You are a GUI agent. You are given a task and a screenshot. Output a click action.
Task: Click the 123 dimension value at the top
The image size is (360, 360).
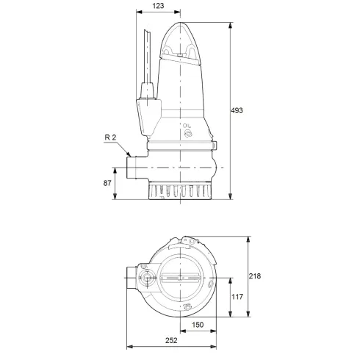[x=159, y=7]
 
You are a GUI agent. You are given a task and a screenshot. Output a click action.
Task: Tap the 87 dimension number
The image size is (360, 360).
[x=109, y=182]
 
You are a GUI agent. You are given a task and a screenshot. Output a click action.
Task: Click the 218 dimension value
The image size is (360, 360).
[x=254, y=276]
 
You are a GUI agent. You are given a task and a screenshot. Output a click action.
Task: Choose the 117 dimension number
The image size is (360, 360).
[x=237, y=297]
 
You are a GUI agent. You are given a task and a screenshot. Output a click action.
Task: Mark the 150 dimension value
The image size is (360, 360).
[x=198, y=325]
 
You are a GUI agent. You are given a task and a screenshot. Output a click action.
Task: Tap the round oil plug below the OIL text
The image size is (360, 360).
[x=187, y=136]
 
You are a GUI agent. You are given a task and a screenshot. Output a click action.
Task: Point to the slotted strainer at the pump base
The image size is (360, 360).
[x=181, y=192]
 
